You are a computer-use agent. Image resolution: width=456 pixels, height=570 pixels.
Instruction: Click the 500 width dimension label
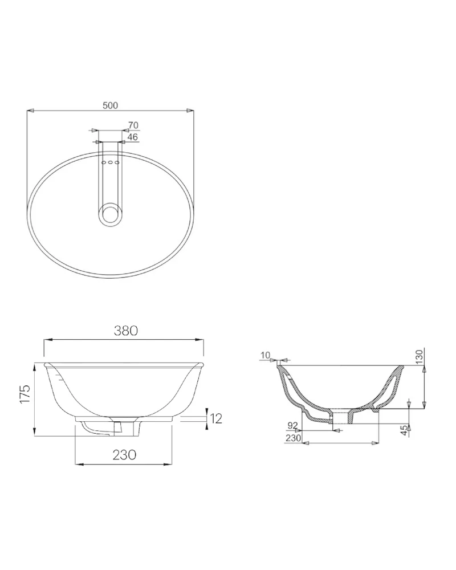point(110,105)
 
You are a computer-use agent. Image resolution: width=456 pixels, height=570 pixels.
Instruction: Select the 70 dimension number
point(133,125)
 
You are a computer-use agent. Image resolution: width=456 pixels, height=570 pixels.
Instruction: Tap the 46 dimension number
point(133,137)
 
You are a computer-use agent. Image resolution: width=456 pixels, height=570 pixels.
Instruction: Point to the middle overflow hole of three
point(110,162)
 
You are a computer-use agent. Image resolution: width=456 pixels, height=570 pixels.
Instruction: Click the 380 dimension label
point(126,331)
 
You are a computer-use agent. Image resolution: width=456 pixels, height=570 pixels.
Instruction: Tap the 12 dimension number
point(216,418)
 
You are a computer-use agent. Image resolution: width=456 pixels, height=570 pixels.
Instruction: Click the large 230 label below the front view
point(124,454)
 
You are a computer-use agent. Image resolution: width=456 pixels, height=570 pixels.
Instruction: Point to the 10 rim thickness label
point(266,355)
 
